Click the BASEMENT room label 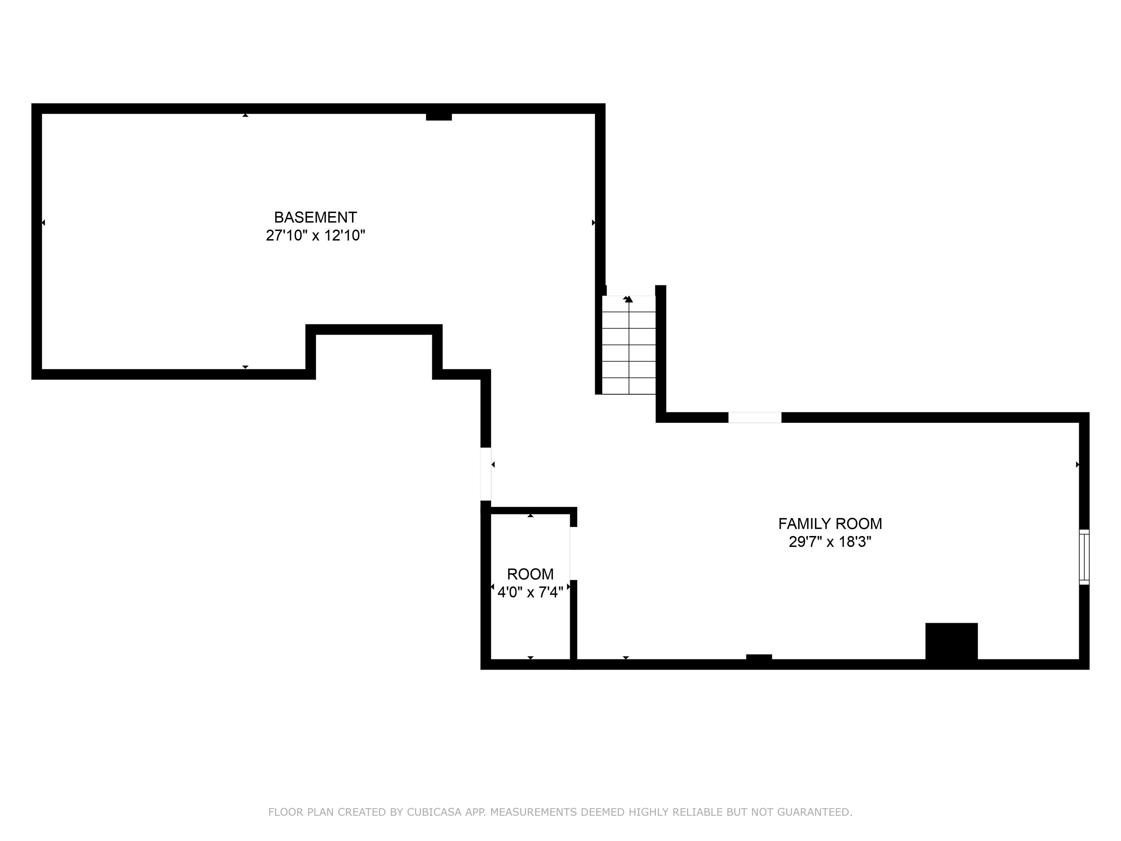(x=315, y=218)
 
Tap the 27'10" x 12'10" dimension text (x=315, y=236)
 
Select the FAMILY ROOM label (x=830, y=524)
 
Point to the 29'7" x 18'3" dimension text (x=830, y=542)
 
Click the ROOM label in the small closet (x=530, y=574)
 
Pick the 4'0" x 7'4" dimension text (x=530, y=592)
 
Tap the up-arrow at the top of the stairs (x=629, y=299)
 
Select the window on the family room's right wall (x=1084, y=557)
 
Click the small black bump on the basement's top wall (x=439, y=117)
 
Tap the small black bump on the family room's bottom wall (x=759, y=657)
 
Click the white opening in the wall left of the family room (x=485, y=474)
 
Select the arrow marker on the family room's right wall (x=1077, y=464)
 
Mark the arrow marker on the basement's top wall (x=245, y=115)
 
